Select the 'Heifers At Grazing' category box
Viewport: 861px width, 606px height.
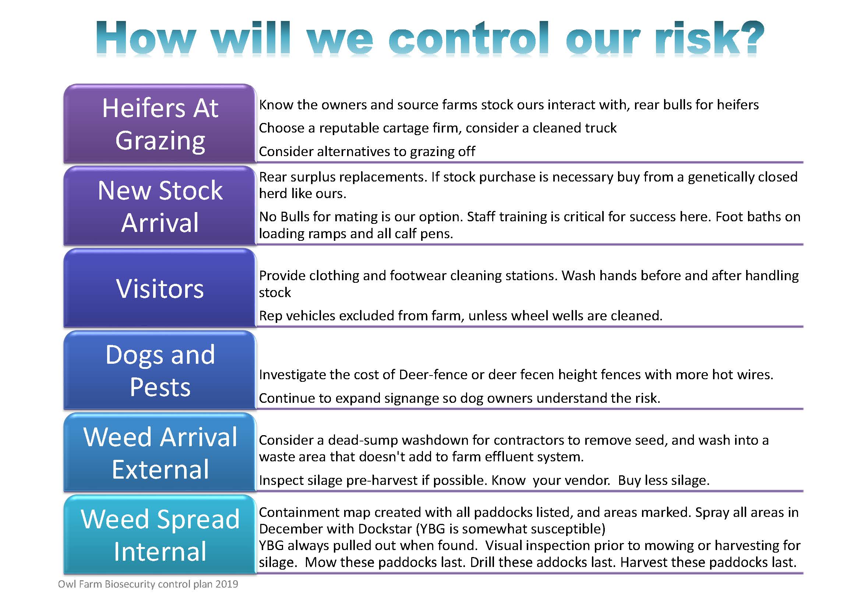[x=160, y=123]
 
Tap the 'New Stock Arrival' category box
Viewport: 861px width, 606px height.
[x=160, y=206]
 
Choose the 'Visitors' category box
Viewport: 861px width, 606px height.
[x=160, y=288]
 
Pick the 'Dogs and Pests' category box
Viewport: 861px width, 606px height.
[x=160, y=370]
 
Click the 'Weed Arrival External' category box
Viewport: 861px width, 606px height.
[x=160, y=452]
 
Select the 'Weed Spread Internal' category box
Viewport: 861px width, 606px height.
[x=160, y=535]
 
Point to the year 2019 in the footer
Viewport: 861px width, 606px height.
[x=226, y=584]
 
